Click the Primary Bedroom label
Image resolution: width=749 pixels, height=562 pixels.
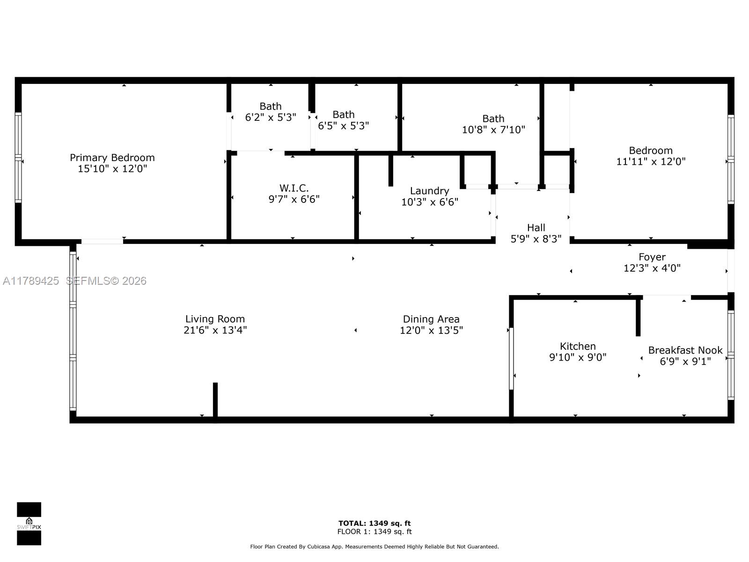pyautogui.click(x=112, y=158)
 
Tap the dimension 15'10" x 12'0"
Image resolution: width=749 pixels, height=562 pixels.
pyautogui.click(x=112, y=169)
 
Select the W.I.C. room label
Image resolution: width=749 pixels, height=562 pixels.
pyautogui.click(x=294, y=188)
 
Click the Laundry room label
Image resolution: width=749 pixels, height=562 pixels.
pyautogui.click(x=429, y=191)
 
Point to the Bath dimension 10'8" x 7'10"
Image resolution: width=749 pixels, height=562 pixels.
pyautogui.click(x=493, y=130)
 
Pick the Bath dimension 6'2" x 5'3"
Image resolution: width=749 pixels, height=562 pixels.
pyautogui.click(x=271, y=118)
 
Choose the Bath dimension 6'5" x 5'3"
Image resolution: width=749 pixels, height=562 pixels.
pyautogui.click(x=343, y=126)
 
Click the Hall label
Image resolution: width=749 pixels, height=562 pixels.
pyautogui.click(x=536, y=228)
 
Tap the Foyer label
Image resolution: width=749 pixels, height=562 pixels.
pyautogui.click(x=652, y=257)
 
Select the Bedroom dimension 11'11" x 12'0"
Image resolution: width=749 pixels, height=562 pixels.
pyautogui.click(x=651, y=162)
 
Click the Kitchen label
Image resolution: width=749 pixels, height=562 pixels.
pyautogui.click(x=578, y=346)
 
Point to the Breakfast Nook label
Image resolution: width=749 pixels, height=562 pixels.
pyautogui.click(x=685, y=350)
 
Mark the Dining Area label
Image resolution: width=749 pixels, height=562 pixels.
pyautogui.click(x=431, y=319)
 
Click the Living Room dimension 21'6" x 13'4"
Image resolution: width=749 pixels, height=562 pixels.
pyautogui.click(x=215, y=330)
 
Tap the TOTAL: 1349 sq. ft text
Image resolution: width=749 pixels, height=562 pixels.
pyautogui.click(x=374, y=523)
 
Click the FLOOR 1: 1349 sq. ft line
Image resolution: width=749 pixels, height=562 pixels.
pyautogui.click(x=374, y=532)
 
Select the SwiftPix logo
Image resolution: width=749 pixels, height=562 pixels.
pyautogui.click(x=29, y=524)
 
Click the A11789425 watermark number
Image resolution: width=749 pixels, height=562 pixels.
pyautogui.click(x=31, y=281)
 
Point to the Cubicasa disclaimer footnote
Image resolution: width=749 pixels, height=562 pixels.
pyautogui.click(x=374, y=547)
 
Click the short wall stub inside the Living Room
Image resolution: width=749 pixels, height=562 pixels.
pyautogui.click(x=215, y=399)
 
